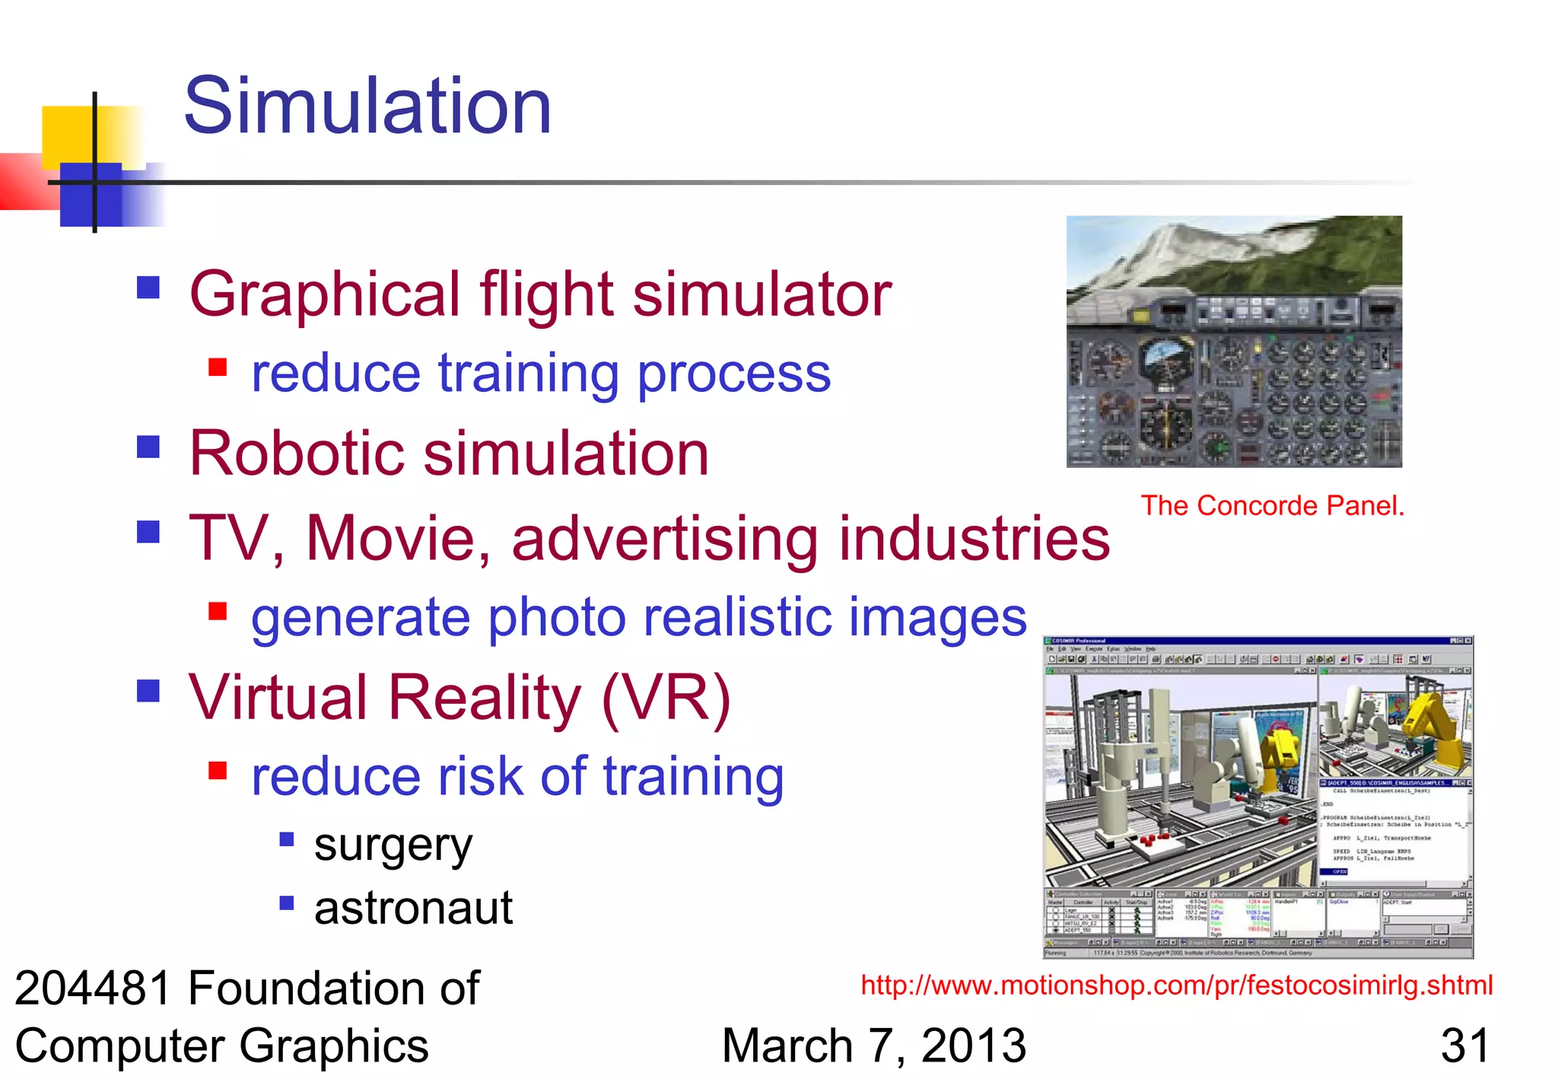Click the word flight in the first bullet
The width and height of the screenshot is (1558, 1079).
pyautogui.click(x=546, y=294)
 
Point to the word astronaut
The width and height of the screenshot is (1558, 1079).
pyautogui.click(x=413, y=908)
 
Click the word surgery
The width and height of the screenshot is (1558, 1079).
pyautogui.click(x=393, y=845)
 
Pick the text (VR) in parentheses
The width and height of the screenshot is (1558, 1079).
pyautogui.click(x=666, y=698)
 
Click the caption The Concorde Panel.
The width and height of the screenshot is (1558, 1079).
pyautogui.click(x=1272, y=506)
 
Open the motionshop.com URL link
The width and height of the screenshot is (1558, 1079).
pyautogui.click(x=1176, y=985)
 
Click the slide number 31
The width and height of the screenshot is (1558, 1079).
pyautogui.click(x=1464, y=1046)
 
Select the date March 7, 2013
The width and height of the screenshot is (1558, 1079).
pyautogui.click(x=873, y=1046)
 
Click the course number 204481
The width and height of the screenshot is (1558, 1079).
pyautogui.click(x=94, y=988)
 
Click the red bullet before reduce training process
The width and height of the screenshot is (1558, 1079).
pyautogui.click(x=218, y=368)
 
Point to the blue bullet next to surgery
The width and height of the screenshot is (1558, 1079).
pyautogui.click(x=287, y=839)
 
